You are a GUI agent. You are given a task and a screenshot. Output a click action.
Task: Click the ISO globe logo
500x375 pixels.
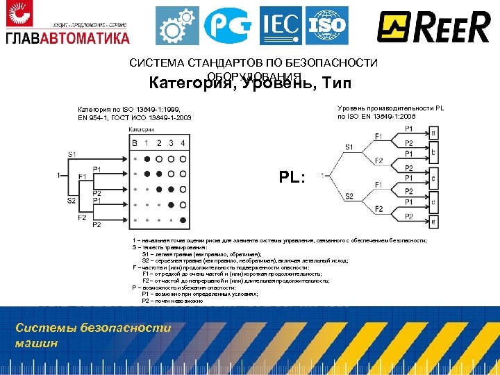tap(326, 26)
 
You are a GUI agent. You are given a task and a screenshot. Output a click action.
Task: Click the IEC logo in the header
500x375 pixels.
tap(281, 26)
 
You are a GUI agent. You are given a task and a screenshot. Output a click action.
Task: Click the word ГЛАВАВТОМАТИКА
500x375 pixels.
tap(67, 37)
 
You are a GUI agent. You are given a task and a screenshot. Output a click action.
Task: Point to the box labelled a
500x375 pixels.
tap(433, 133)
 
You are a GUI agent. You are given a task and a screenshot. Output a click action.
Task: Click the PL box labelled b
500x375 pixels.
tap(433, 151)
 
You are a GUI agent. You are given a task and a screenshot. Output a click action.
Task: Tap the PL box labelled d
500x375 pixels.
tap(433, 202)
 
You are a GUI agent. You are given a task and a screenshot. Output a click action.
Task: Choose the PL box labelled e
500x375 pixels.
tap(433, 222)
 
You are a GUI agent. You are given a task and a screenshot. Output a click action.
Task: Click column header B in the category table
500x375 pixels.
tap(135, 143)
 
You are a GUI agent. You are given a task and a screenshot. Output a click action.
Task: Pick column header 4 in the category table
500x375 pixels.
tap(183, 143)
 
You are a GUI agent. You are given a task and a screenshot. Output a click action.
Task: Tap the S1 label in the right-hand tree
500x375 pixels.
tap(349, 147)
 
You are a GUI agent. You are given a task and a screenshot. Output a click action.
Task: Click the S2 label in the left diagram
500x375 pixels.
tap(72, 201)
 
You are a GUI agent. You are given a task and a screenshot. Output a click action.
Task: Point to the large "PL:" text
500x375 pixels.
tap(292, 177)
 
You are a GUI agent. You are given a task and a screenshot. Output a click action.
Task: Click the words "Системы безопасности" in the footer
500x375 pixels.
tap(93, 328)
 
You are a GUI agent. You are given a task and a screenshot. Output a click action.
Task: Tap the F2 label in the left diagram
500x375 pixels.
tap(82, 217)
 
